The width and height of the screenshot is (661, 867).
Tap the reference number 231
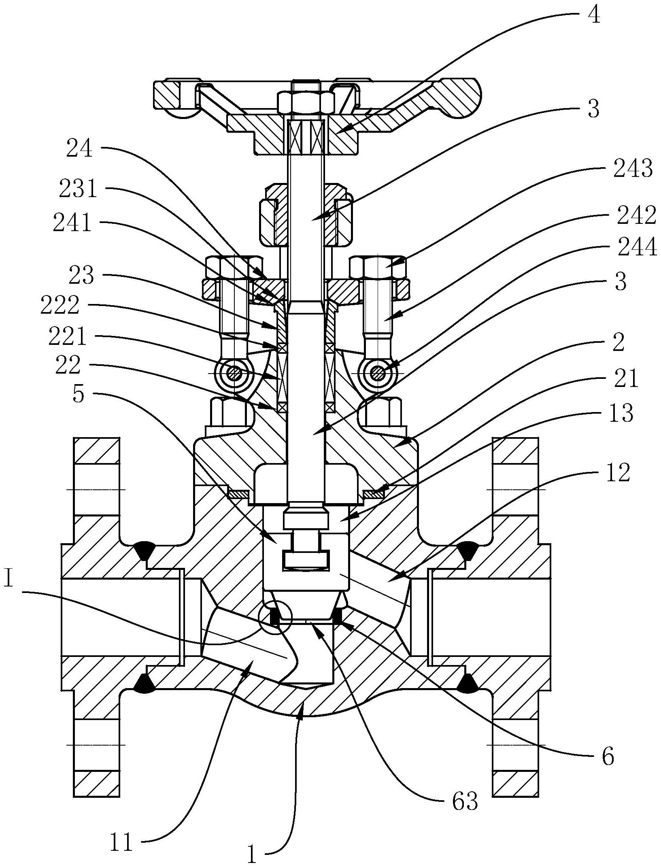click(x=78, y=189)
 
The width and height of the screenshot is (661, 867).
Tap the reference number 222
click(x=60, y=306)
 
